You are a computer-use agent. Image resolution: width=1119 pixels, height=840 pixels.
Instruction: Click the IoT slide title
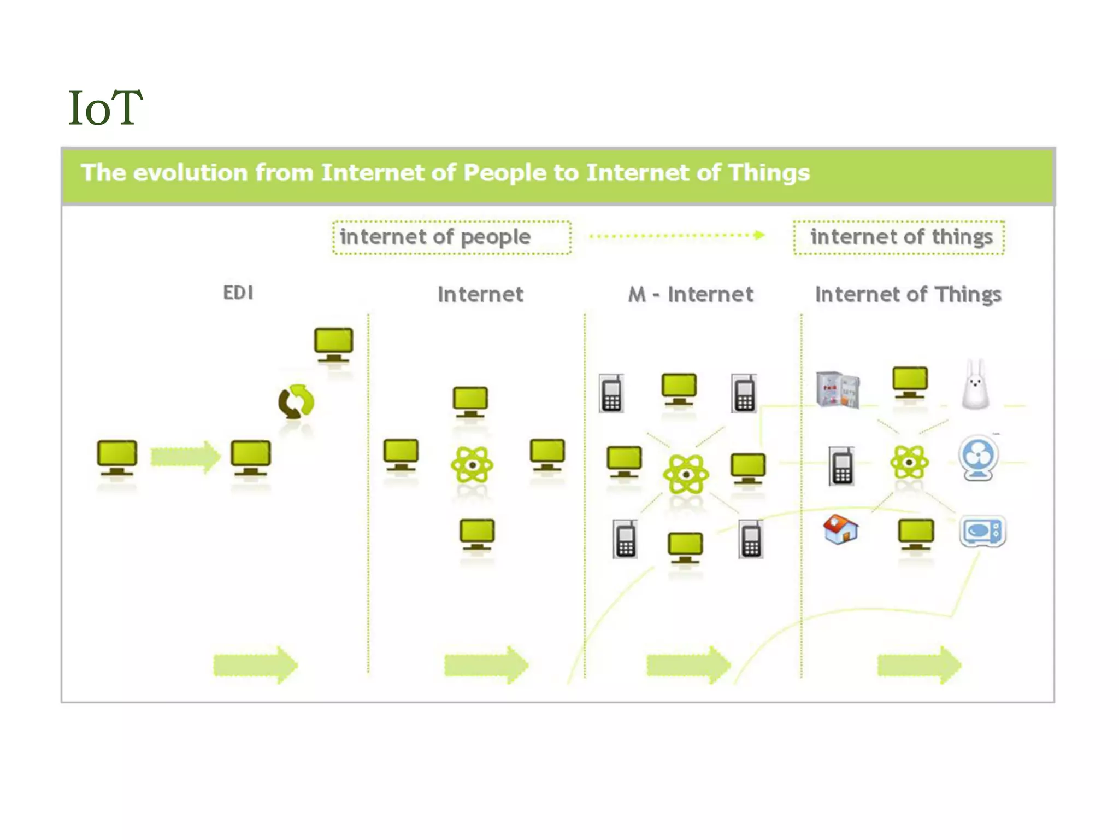click(x=105, y=108)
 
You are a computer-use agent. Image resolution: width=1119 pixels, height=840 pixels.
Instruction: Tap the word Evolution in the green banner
click(x=190, y=173)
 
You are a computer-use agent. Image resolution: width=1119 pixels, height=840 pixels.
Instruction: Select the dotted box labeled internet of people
click(x=452, y=237)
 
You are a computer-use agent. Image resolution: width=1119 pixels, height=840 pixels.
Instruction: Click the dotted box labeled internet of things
click(x=899, y=237)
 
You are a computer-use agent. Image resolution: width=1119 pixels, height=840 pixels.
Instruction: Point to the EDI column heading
click(x=238, y=293)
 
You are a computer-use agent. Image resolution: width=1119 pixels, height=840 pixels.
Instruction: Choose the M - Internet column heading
click(x=691, y=295)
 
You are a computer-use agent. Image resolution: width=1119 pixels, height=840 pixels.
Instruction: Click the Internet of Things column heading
click(x=908, y=295)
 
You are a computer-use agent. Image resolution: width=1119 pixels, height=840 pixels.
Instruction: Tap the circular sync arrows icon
click(x=296, y=402)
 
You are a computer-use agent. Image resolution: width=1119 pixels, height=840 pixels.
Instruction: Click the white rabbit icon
click(x=975, y=385)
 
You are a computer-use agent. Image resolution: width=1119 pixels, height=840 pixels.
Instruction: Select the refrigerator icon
click(x=838, y=389)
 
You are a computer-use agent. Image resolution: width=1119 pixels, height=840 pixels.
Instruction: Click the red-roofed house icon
click(x=840, y=529)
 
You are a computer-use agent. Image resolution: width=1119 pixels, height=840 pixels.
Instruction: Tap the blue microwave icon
click(x=982, y=531)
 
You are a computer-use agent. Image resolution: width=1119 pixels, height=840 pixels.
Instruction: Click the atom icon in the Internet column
click(x=472, y=465)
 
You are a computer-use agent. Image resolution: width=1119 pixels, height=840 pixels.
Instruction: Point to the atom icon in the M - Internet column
click(x=686, y=474)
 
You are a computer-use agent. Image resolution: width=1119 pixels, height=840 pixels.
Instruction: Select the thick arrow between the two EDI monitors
click(x=185, y=457)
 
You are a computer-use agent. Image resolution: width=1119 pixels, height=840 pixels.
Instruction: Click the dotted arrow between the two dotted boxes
click(x=678, y=236)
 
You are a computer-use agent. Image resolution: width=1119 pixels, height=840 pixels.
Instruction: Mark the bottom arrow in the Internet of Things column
click(x=919, y=665)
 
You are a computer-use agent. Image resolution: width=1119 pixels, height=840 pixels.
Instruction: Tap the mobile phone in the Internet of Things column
click(x=841, y=466)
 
